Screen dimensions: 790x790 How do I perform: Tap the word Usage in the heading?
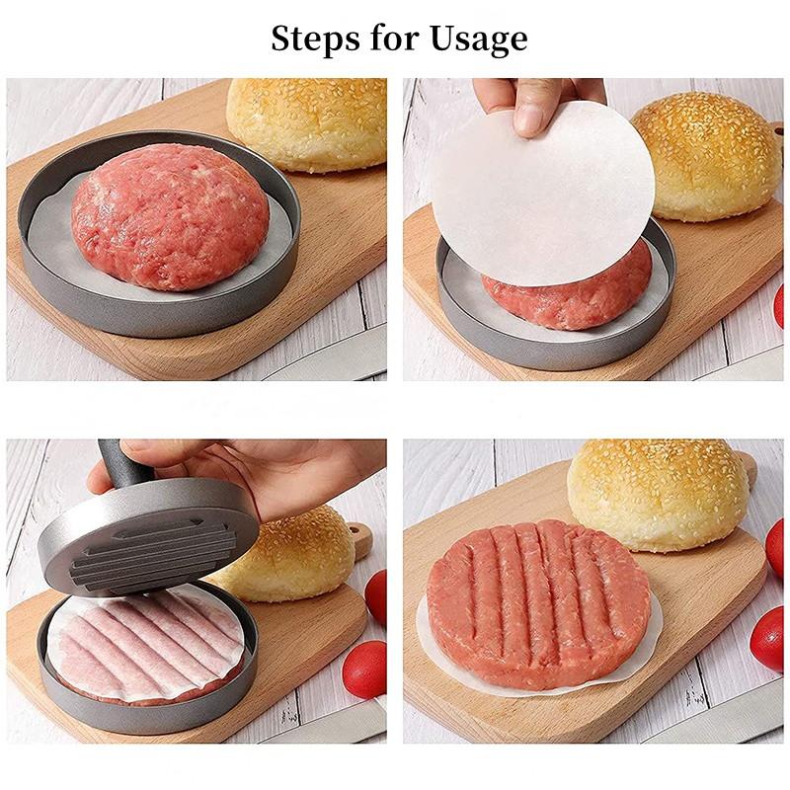[x=477, y=39]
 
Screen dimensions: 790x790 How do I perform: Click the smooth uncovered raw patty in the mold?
[x=169, y=216]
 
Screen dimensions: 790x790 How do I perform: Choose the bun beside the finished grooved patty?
[x=657, y=494]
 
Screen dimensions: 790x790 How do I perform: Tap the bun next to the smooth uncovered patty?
[x=306, y=123]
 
